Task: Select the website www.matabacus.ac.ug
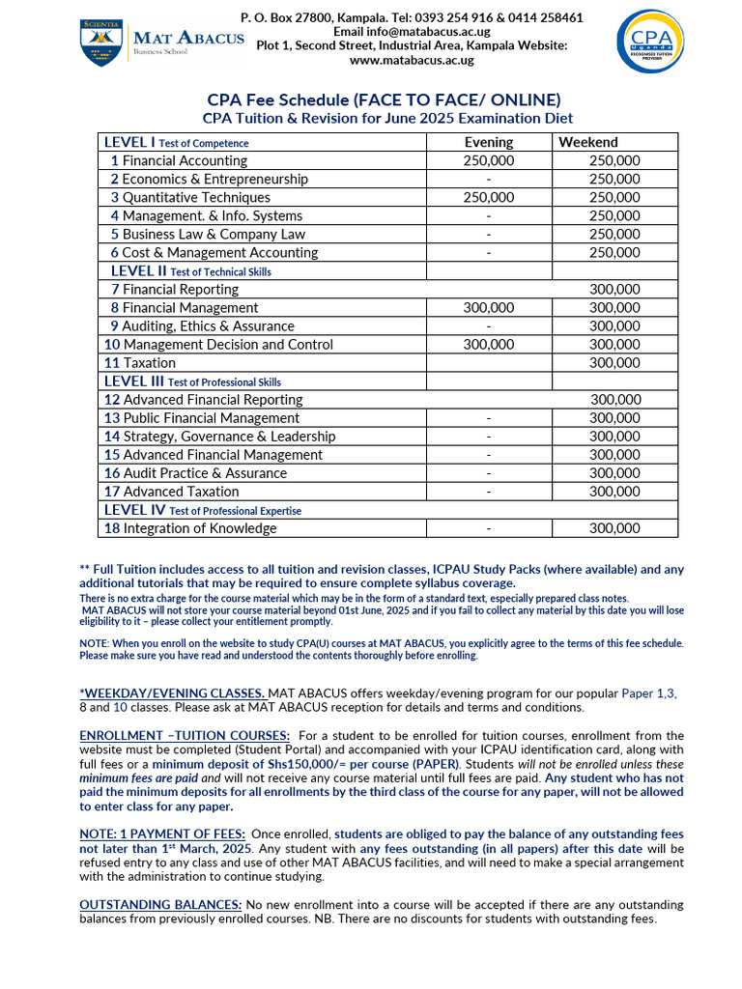[x=412, y=60]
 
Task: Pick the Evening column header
[x=489, y=142]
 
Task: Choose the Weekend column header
[x=588, y=142]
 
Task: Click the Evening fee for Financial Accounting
[x=489, y=160]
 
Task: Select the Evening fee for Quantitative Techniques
[x=489, y=197]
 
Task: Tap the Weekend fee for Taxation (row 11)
[x=614, y=363]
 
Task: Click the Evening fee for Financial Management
[x=489, y=307]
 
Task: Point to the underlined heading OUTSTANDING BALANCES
[x=160, y=905]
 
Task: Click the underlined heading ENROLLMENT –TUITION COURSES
[x=185, y=736]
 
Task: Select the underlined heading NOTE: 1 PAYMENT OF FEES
[x=162, y=834]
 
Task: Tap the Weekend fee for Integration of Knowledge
[x=614, y=528]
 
